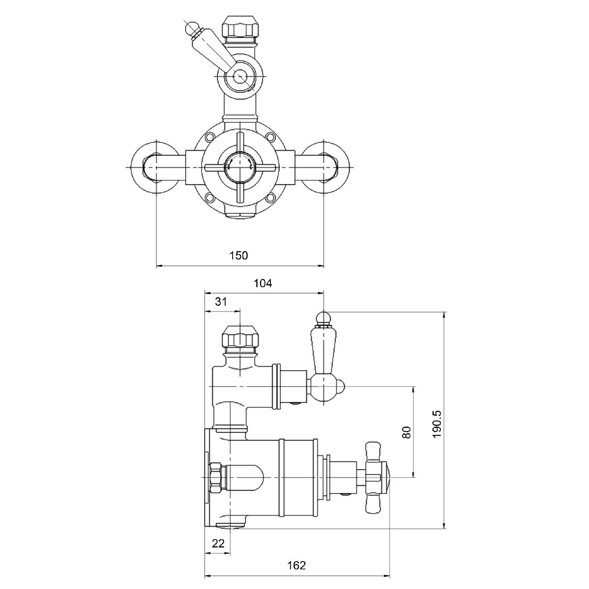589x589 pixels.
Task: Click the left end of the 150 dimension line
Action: pyautogui.click(x=157, y=266)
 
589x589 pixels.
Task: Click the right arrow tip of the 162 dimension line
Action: pyautogui.click(x=390, y=576)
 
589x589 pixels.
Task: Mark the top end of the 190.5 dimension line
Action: pyautogui.click(x=444, y=312)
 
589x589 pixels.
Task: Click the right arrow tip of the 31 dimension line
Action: pyautogui.click(x=241, y=312)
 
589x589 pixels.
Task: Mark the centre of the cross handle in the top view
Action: pyautogui.click(x=241, y=167)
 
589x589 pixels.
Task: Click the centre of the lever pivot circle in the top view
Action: pyautogui.click(x=240, y=75)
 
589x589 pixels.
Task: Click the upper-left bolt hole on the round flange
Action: pyautogui.click(x=210, y=136)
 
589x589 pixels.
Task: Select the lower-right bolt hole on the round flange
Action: pyautogui.click(x=270, y=198)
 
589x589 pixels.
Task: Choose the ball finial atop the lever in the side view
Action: pyautogui.click(x=323, y=318)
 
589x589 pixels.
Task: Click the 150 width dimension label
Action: pyautogui.click(x=239, y=255)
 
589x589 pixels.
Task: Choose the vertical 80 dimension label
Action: pyautogui.click(x=406, y=432)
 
